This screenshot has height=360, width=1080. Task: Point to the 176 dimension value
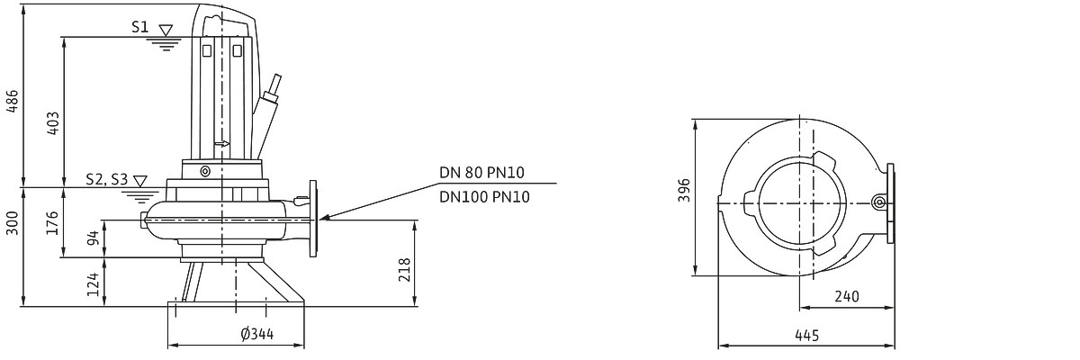53,222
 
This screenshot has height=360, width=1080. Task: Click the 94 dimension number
92,238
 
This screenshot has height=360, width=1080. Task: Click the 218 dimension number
405,268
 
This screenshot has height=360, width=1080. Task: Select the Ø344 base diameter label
256,335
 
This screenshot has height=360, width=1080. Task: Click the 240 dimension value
846,296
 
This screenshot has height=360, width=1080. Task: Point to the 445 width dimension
806,336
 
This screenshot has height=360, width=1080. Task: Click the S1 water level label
139,28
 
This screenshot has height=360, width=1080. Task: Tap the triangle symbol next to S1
165,30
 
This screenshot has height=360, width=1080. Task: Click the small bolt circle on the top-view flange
878,203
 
